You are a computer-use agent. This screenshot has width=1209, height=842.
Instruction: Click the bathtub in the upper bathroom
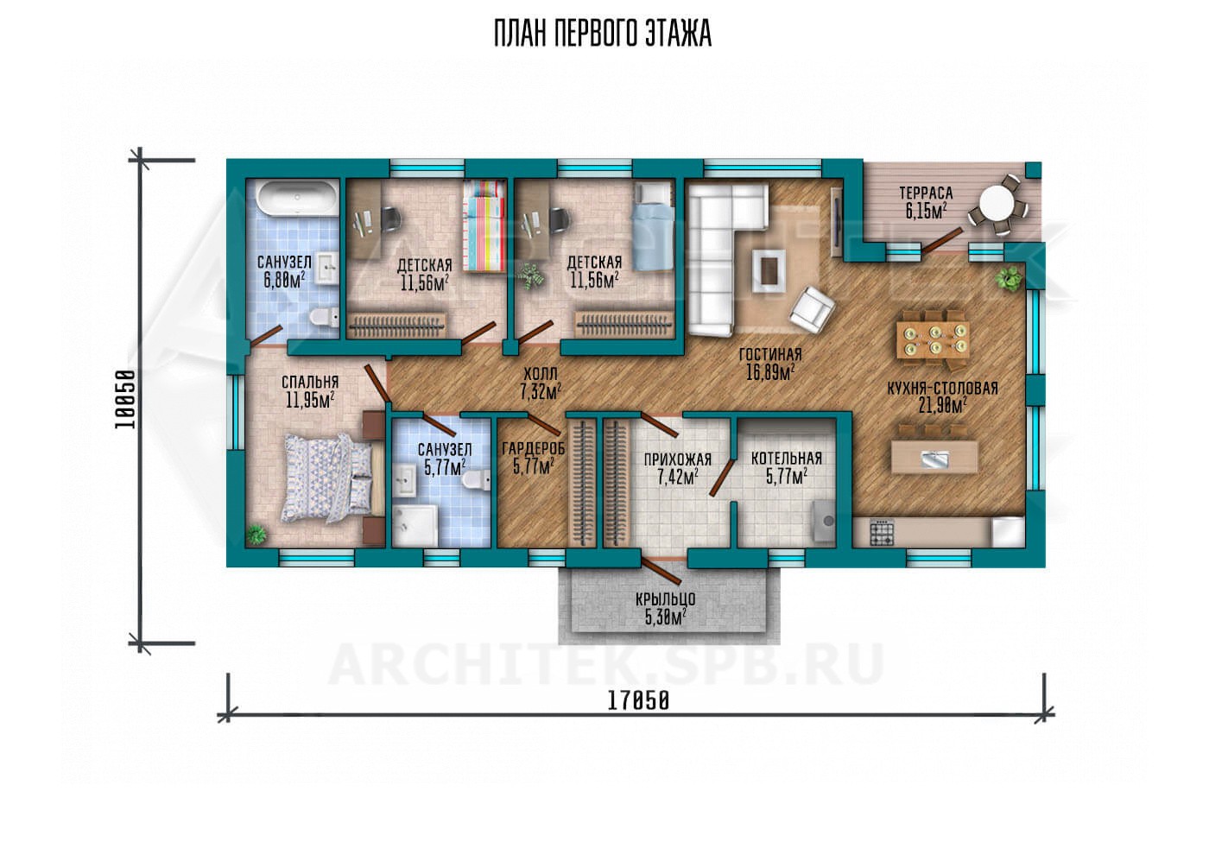(297, 199)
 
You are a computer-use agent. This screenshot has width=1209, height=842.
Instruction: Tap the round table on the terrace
(997, 204)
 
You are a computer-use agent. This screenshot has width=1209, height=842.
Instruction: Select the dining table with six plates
(934, 339)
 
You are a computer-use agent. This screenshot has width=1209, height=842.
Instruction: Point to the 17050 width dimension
(639, 701)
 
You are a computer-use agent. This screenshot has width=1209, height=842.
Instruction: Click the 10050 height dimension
(124, 399)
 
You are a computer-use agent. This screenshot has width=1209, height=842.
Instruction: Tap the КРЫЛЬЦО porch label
(665, 599)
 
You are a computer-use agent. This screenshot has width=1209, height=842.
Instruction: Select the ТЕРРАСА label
(926, 193)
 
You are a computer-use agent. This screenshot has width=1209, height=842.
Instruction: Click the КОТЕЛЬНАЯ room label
(787, 459)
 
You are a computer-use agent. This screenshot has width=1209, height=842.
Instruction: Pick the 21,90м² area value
(942, 405)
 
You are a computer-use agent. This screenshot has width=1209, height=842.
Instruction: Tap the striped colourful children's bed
(484, 226)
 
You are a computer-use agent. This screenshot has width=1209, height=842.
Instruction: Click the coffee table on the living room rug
(770, 269)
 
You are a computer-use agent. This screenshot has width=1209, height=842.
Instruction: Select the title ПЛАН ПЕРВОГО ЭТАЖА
(603, 34)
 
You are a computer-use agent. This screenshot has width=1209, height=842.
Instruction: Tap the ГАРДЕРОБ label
(534, 448)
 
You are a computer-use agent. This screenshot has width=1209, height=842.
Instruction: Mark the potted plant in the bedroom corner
(256, 535)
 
